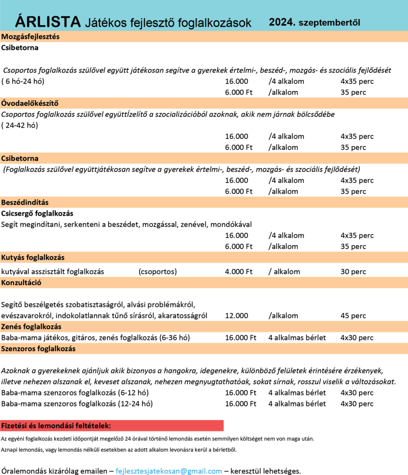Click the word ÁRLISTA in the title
(48, 22)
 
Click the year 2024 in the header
(282, 22)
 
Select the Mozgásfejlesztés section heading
(30, 37)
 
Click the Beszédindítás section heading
(25, 203)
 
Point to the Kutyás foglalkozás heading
(33, 257)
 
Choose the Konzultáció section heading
(22, 282)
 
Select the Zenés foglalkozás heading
(32, 327)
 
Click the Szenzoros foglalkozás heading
(38, 348)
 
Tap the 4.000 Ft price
(238, 271)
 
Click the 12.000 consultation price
(237, 316)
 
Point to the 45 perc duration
(353, 316)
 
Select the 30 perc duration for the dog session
(353, 271)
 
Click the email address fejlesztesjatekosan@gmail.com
(169, 471)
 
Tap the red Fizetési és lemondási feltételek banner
(112, 426)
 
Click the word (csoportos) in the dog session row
(158, 271)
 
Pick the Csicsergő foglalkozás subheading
(37, 214)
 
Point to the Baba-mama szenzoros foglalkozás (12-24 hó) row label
(77, 404)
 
